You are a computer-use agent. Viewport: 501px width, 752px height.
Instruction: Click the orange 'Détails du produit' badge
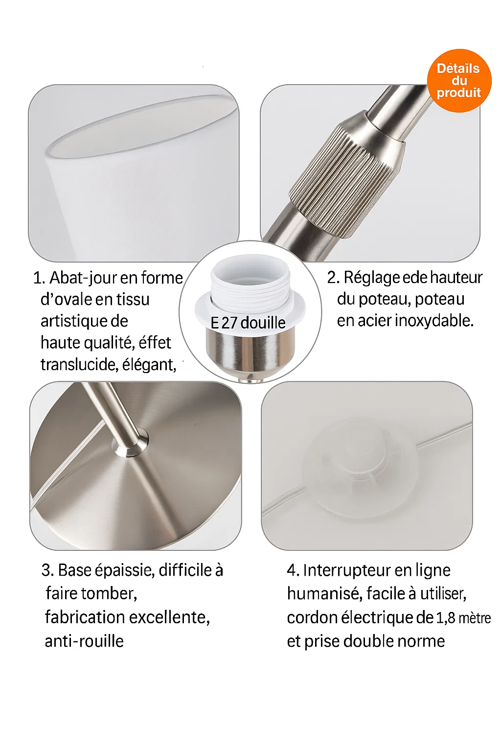tap(459, 81)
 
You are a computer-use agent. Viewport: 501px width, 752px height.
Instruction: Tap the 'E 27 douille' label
tap(248, 323)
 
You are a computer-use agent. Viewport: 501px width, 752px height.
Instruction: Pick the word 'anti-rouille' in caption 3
tap(84, 641)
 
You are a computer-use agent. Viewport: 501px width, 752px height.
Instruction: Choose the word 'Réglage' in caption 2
tap(371, 278)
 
